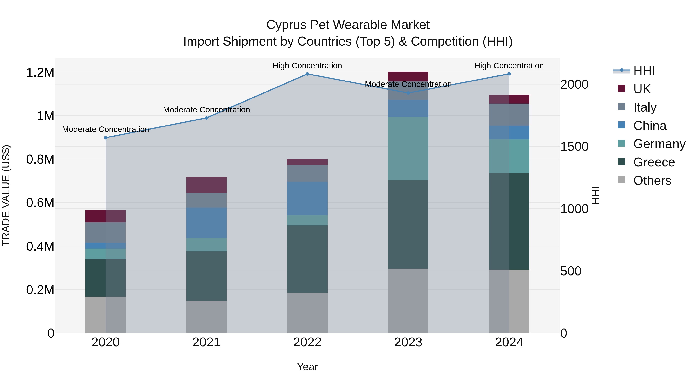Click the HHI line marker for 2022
pos(307,74)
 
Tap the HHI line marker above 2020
pos(106,138)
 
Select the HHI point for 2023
pos(408,93)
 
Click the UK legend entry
pos(641,89)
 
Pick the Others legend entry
pos(652,181)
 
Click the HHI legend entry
pos(644,71)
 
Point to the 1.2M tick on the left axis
pos(40,73)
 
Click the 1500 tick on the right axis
pos(574,147)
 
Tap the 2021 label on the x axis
pos(206,342)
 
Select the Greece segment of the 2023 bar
pos(408,224)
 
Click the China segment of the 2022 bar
pos(307,198)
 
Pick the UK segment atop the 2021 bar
pos(206,185)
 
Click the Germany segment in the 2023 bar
pos(408,148)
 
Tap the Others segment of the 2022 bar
pos(307,313)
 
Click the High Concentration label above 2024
pos(509,66)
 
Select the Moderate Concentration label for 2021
pos(206,109)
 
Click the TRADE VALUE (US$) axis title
pos(6,195)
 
